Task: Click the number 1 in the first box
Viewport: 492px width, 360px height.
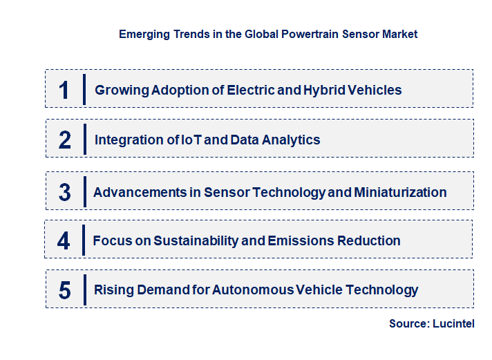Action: point(64,90)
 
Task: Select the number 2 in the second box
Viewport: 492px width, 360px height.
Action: point(65,140)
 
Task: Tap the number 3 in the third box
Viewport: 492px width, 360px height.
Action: point(65,192)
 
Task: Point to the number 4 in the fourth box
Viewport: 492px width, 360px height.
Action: point(64,241)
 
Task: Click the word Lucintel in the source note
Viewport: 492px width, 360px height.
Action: point(454,323)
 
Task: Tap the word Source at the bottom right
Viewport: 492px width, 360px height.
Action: point(408,323)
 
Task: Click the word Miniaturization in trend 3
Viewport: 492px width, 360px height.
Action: point(400,192)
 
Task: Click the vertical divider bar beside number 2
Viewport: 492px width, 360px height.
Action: point(84,140)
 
